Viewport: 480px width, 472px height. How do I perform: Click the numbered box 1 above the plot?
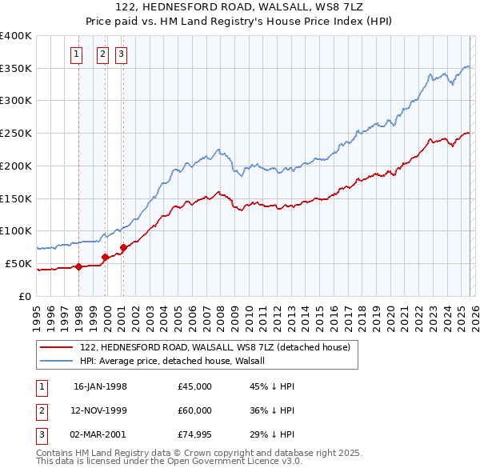(77, 54)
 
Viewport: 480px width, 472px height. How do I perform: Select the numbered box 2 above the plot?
(103, 54)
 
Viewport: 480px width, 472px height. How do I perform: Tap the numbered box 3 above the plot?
(121, 54)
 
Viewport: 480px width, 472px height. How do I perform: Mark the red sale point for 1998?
(79, 266)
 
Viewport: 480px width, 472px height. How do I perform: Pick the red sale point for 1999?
(105, 257)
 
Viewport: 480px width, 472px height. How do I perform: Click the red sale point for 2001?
(123, 247)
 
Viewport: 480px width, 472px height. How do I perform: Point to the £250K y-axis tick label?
(15, 133)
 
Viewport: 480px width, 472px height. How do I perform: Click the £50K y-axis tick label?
(18, 263)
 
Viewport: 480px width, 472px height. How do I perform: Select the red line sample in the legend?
(58, 348)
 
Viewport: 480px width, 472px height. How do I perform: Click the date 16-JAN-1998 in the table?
(100, 386)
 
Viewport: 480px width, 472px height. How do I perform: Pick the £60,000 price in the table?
(195, 410)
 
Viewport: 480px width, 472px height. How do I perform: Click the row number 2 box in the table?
(40, 410)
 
